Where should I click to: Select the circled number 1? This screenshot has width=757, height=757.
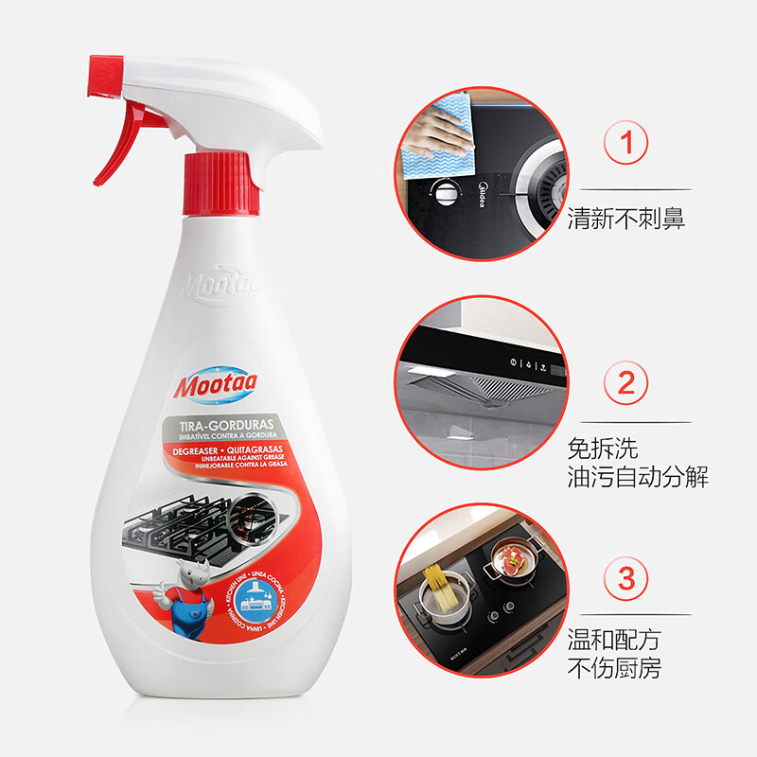(626, 145)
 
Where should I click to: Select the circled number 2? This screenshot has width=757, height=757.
(626, 382)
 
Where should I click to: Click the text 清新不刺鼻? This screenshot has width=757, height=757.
(625, 220)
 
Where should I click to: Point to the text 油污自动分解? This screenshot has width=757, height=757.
(638, 477)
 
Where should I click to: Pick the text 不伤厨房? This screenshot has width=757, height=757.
(614, 668)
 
